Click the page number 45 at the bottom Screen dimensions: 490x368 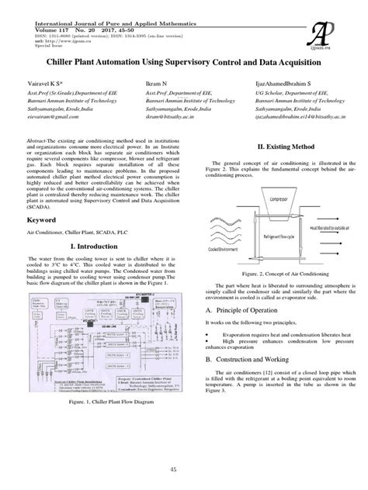pos(183,470)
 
